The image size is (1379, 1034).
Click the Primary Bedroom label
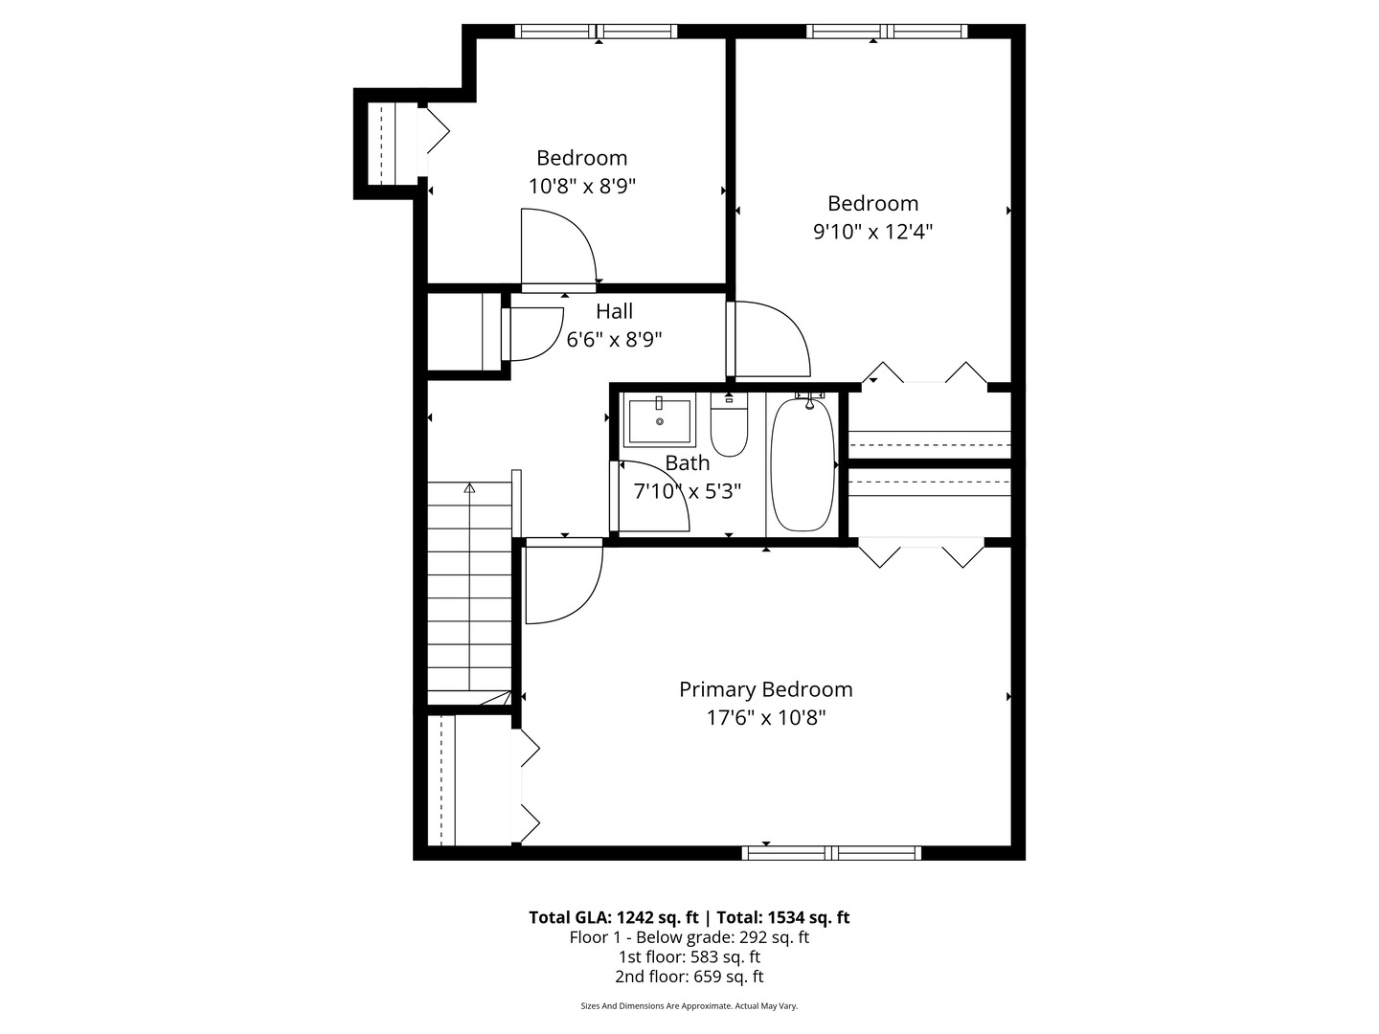pyautogui.click(x=765, y=689)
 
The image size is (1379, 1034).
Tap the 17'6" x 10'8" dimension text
pyautogui.click(x=765, y=718)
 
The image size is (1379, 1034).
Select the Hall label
pyautogui.click(x=614, y=311)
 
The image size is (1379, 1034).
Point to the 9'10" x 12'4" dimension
pyautogui.click(x=872, y=232)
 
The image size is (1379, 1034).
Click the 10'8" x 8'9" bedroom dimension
pyautogui.click(x=581, y=186)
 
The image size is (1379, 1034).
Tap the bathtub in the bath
pyautogui.click(x=803, y=464)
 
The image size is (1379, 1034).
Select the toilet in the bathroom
pyautogui.click(x=729, y=429)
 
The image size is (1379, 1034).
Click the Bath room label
pyautogui.click(x=688, y=463)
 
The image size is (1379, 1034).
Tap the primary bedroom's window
pyautogui.click(x=831, y=852)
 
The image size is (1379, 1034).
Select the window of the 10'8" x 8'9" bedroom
pyautogui.click(x=596, y=32)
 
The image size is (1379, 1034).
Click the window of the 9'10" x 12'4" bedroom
pyautogui.click(x=886, y=32)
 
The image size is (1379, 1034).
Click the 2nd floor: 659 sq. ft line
pyautogui.click(x=689, y=977)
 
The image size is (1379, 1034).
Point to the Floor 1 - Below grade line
pyautogui.click(x=689, y=937)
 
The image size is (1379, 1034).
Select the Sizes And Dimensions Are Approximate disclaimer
pyautogui.click(x=689, y=1006)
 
